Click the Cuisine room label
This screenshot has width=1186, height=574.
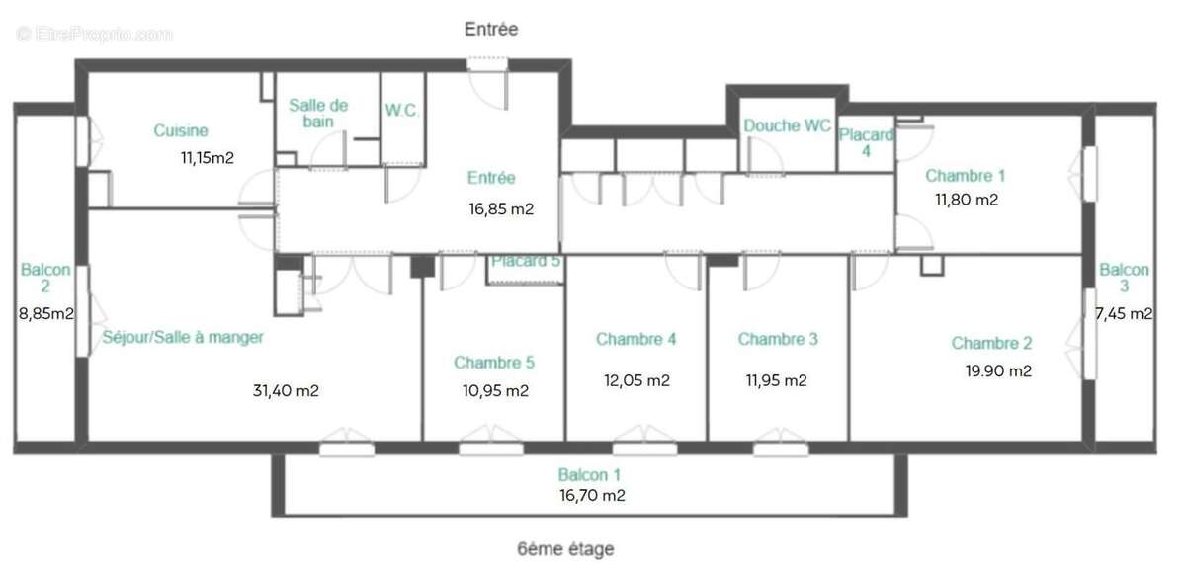point(181,130)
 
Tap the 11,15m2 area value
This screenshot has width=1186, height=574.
point(207,157)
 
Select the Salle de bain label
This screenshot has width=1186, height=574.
point(318,113)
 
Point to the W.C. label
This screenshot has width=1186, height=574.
point(402,111)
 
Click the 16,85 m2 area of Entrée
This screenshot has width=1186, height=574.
point(501,208)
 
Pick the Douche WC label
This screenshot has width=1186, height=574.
point(787,125)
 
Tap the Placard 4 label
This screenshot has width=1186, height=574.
point(866,143)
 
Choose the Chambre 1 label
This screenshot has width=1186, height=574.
point(965,176)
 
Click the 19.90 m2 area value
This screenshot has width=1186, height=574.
point(998,371)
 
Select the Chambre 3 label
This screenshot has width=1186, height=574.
point(778,339)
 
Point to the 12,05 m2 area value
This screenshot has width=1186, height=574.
point(636,380)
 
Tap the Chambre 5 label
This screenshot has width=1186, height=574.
point(494,363)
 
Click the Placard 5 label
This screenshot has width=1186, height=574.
point(526,262)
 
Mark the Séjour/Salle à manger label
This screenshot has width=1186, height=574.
point(183,338)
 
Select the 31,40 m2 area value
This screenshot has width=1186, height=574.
point(286,390)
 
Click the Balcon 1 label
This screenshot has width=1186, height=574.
point(590,474)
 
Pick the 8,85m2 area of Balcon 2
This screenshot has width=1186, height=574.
point(46,314)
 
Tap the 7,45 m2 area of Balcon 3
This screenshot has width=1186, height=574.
point(1124,314)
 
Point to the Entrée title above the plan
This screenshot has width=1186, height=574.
point(491,30)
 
